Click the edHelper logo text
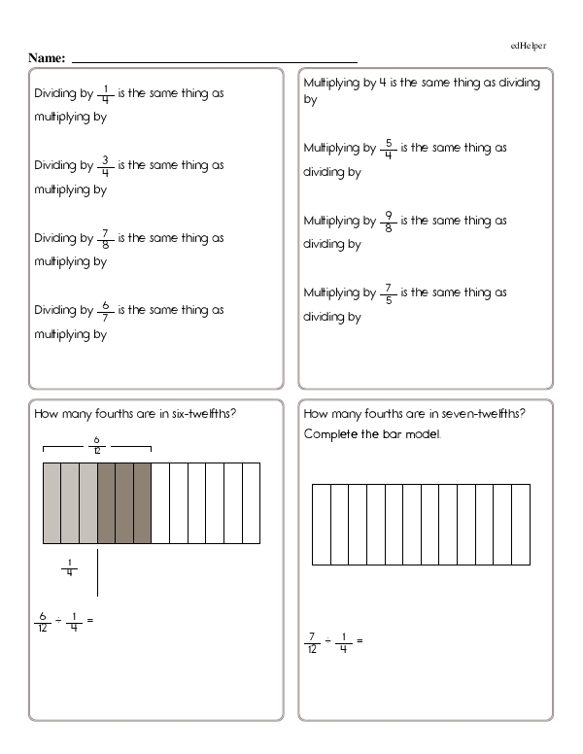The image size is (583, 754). coord(531,46)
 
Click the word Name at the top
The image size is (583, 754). coord(46,58)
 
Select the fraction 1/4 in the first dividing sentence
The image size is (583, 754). coord(105,94)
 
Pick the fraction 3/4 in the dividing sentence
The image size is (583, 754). coord(105,166)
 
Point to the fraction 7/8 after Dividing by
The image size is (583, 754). coord(105,238)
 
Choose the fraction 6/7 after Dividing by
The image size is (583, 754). coord(105,311)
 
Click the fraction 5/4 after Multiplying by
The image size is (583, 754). coord(389,149)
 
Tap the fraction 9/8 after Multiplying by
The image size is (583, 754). coord(389,222)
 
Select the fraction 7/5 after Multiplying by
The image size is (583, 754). coord(389,293)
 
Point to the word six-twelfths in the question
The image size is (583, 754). coord(205,415)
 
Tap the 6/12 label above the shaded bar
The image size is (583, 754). coord(96,444)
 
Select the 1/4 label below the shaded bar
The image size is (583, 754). coord(69,567)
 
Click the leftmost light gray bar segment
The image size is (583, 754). coord(51,502)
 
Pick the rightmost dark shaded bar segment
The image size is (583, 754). coord(142,502)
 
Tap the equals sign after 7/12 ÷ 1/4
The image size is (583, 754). coord(360,641)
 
